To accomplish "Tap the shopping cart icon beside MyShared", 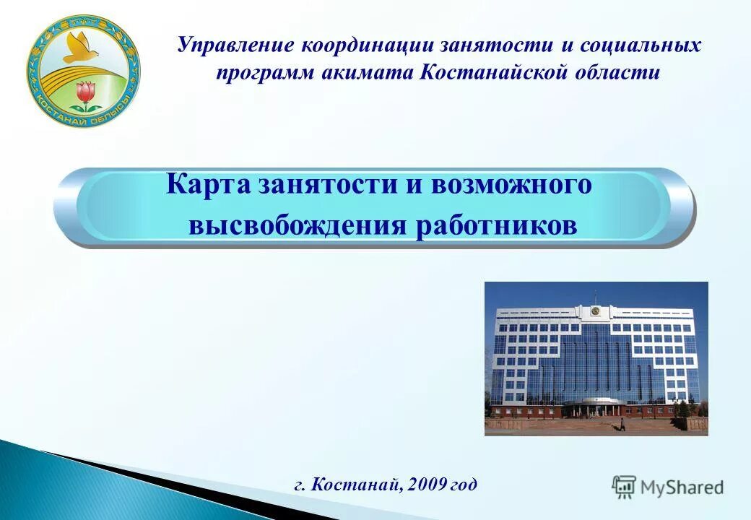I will pos(624,487).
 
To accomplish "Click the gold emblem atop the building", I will pos(595,311).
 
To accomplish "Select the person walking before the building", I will pos(622,425).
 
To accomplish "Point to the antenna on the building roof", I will pos(595,296).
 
